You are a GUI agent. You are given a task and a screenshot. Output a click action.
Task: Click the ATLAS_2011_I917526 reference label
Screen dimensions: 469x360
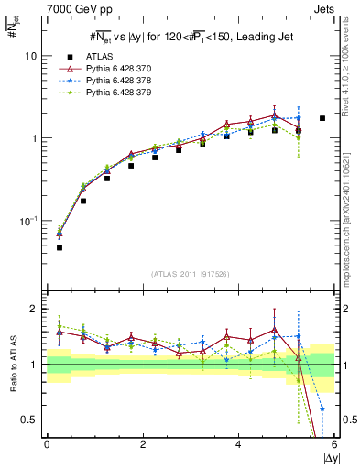pos(190,274)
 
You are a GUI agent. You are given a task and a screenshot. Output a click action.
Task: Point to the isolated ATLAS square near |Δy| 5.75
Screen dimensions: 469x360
pos(322,118)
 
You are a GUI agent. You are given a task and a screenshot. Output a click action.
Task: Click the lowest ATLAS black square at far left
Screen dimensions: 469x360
pos(60,247)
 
